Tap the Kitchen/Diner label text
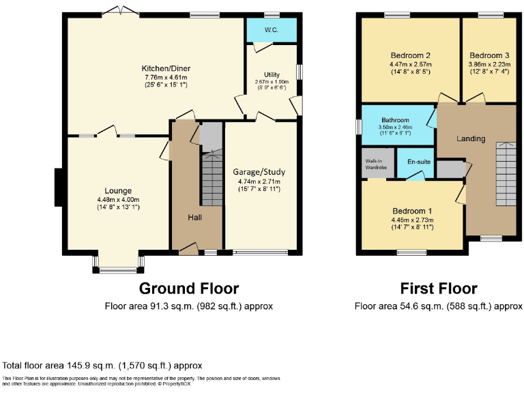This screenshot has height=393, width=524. pos(165,69)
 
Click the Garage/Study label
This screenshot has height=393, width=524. pos(259,172)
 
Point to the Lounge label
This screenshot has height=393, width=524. pos(117,190)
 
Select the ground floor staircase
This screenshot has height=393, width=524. pos(212,177)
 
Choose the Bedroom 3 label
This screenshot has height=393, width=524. pos(489,56)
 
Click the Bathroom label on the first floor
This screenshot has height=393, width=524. pos(395,119)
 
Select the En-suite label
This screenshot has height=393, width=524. pos(418,162)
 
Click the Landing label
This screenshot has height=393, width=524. pos(471,139)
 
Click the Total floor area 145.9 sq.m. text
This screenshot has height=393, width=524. pos(102,366)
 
